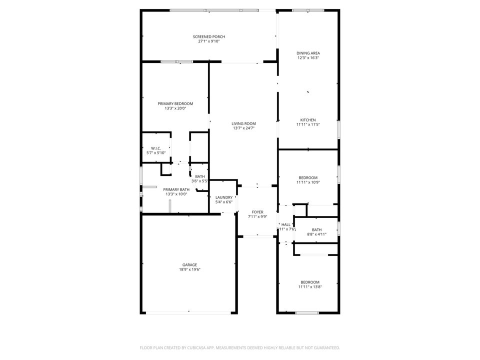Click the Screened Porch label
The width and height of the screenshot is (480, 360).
point(209,36)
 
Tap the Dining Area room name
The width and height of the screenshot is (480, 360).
point(308,53)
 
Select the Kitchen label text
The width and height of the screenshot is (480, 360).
point(308,120)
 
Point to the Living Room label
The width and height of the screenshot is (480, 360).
point(243,123)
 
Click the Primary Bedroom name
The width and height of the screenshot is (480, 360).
point(175,103)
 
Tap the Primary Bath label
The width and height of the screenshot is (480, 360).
point(176,189)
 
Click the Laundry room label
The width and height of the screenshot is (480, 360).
point(224,197)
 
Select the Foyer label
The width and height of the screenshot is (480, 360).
point(257,212)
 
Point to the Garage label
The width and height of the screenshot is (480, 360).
point(189,264)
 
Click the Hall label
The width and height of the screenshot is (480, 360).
point(286,224)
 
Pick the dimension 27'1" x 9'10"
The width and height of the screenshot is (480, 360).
point(209,41)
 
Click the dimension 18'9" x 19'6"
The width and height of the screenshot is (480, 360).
point(189,269)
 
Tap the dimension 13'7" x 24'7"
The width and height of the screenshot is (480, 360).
point(243,128)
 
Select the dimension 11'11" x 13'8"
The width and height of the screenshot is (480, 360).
point(309,287)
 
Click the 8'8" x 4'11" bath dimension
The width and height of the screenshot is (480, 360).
point(316,234)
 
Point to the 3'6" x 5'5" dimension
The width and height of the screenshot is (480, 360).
point(200,181)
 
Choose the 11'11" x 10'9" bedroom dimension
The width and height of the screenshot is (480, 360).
point(308,182)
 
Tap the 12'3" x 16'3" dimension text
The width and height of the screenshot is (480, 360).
point(308,58)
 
